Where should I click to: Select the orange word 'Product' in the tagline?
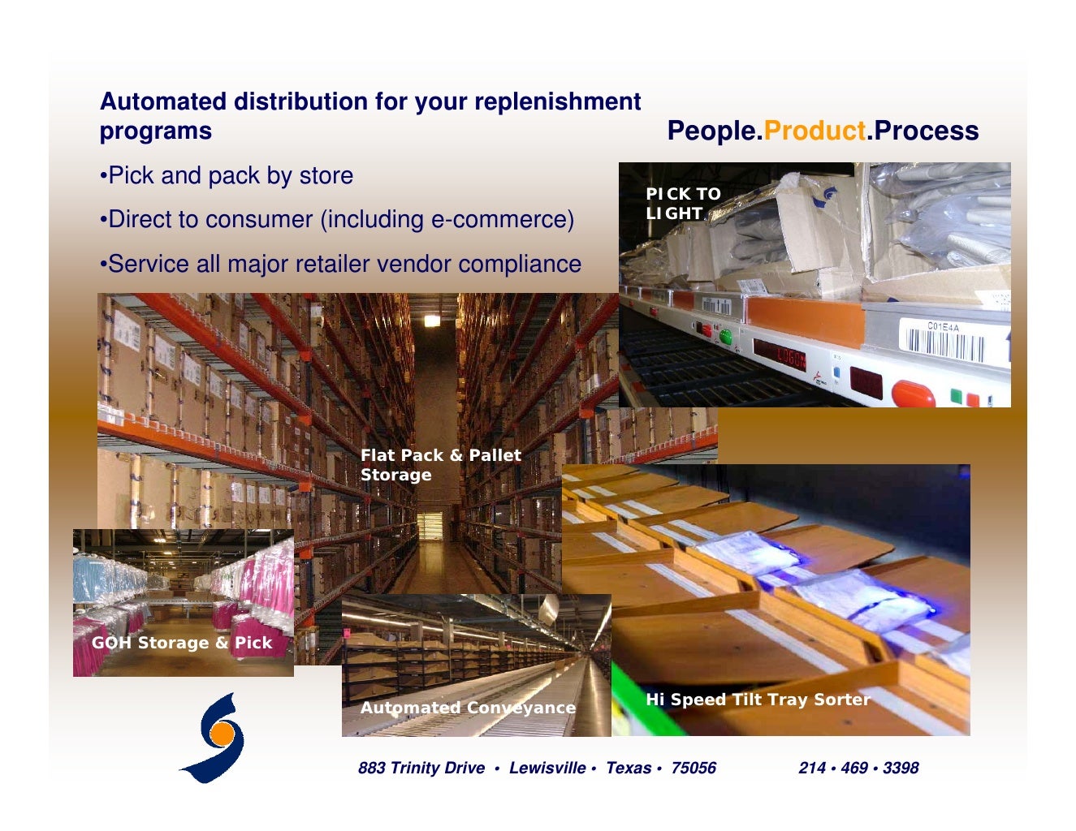(815, 131)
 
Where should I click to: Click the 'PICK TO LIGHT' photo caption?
(682, 204)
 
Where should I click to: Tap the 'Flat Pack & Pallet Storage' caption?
(440, 465)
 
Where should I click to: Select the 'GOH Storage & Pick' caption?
(181, 643)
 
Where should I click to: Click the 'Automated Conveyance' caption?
(468, 708)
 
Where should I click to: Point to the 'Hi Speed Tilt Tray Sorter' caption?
(757, 700)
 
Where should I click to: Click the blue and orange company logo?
(214, 738)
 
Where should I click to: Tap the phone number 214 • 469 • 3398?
(858, 768)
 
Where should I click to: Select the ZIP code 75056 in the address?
(693, 768)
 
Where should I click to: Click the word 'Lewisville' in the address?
(547, 768)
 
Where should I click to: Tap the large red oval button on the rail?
(913, 394)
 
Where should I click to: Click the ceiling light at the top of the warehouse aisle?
(432, 320)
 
